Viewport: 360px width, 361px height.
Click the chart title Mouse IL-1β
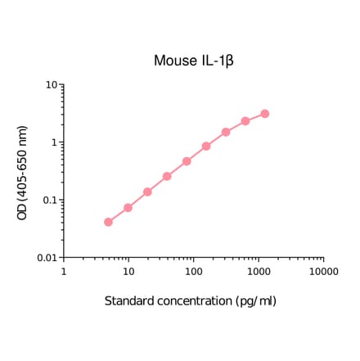point(195,61)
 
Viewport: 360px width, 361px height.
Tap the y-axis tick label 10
point(50,84)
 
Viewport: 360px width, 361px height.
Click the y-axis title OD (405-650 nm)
point(23,171)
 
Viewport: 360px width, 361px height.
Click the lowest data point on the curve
point(109,222)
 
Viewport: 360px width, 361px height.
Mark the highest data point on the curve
point(265,114)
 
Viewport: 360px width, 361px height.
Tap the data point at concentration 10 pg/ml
point(128,208)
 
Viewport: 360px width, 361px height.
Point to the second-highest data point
point(245,121)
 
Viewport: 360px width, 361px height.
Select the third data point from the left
point(148,192)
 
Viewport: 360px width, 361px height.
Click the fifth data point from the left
point(187,161)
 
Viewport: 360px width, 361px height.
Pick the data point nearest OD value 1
point(206,147)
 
